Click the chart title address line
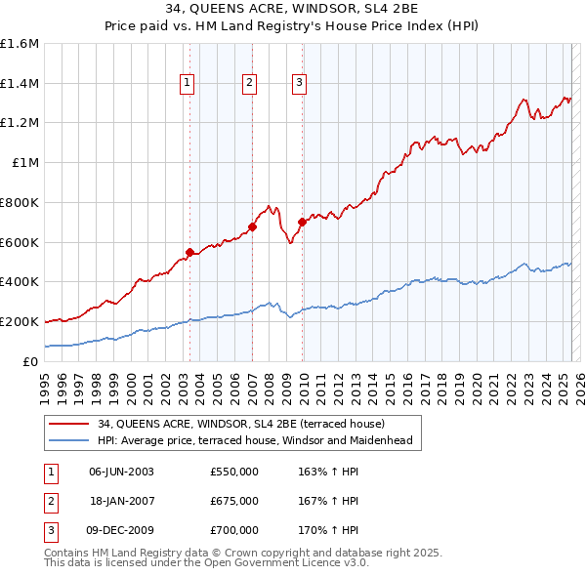point(293,11)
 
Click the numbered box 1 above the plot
point(186,84)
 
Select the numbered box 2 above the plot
point(250,84)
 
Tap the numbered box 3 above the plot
point(299,84)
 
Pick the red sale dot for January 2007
point(252,226)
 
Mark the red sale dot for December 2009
point(302,222)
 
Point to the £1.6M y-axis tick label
point(20,44)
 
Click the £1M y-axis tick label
point(23,163)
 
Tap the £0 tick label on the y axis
point(31,361)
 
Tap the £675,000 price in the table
point(234,501)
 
